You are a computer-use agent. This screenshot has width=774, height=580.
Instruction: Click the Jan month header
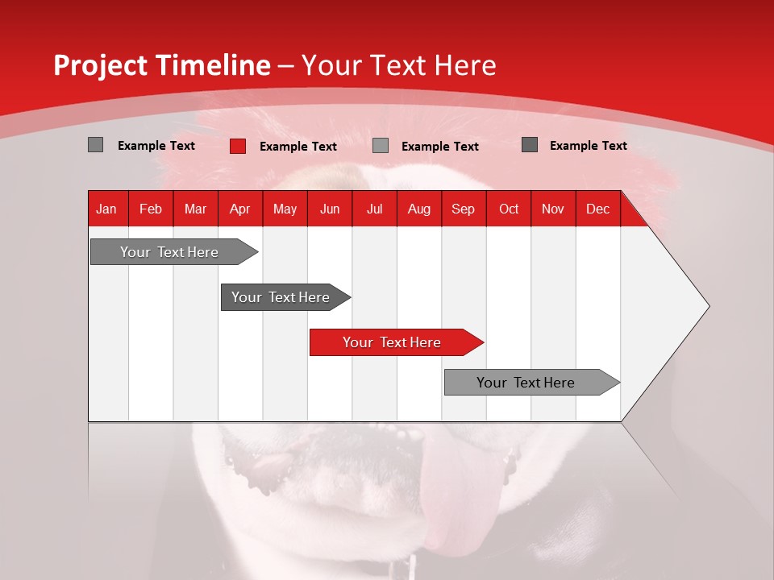106,209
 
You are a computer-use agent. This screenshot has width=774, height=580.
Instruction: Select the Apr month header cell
239,209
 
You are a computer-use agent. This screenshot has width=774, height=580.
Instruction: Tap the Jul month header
374,209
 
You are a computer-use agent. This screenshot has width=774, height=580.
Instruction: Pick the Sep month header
463,209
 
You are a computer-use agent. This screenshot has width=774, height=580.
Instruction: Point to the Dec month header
597,209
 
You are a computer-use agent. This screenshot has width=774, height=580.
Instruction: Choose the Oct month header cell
509,209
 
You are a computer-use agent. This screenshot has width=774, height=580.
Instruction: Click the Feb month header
151,209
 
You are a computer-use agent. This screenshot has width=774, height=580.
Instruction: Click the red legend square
238,146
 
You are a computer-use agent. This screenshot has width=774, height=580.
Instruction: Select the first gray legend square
95,145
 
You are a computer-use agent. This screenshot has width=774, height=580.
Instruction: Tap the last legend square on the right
530,145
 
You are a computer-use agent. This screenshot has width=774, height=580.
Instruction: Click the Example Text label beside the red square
298,147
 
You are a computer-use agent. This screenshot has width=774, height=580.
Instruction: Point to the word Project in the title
101,65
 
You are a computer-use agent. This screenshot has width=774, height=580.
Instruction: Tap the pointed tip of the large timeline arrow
708,306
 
